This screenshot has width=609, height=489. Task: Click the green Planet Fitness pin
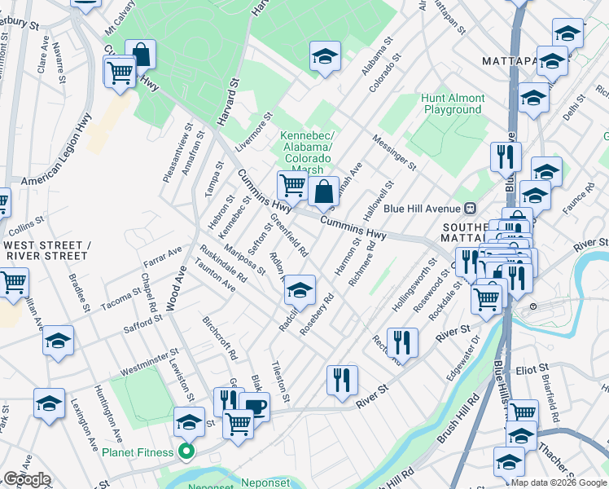tap(186, 452)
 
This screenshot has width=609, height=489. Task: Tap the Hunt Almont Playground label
tap(453, 104)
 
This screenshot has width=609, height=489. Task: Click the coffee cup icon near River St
tap(254, 407)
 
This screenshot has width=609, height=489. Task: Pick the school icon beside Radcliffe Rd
tap(300, 291)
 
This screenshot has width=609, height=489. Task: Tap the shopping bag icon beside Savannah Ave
tap(324, 193)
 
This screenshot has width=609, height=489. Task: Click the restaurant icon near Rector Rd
tap(402, 344)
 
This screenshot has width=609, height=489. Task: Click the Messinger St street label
tap(394, 152)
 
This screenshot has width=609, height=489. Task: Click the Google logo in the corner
tap(27, 479)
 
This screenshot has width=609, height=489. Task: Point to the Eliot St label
tap(532, 369)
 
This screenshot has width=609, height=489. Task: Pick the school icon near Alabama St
tap(325, 58)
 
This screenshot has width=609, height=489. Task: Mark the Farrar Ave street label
tap(162, 258)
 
